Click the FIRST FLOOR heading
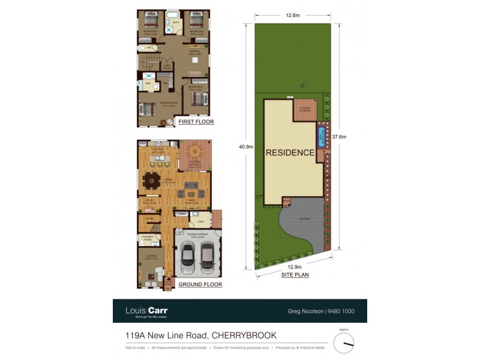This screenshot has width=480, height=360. click(197, 122)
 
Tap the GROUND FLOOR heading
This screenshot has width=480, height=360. click(200, 284)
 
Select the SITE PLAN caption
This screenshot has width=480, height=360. click(296, 274)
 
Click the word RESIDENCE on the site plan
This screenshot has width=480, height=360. click(290, 152)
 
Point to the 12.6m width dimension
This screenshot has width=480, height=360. click(293, 16)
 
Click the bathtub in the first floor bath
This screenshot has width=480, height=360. click(172, 14)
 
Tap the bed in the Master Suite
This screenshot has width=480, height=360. click(148, 110)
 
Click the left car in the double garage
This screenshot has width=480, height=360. click(188, 257)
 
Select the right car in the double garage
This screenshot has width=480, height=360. click(207, 257)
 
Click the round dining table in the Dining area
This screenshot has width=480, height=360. click(152, 178)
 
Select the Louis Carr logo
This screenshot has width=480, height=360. click(146, 311)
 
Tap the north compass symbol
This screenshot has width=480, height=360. click(344, 343)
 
